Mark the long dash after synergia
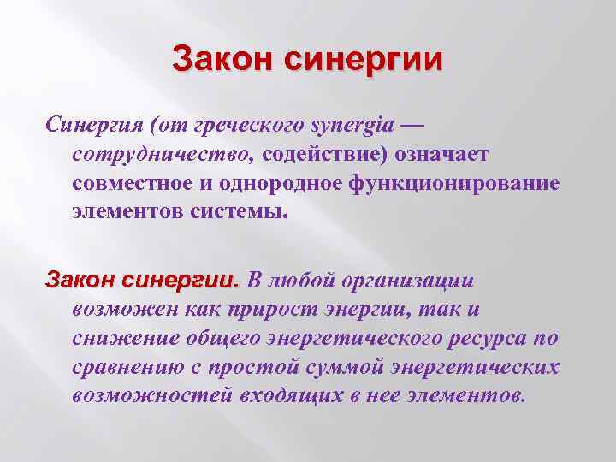(x=412, y=126)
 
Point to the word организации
(x=404, y=281)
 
